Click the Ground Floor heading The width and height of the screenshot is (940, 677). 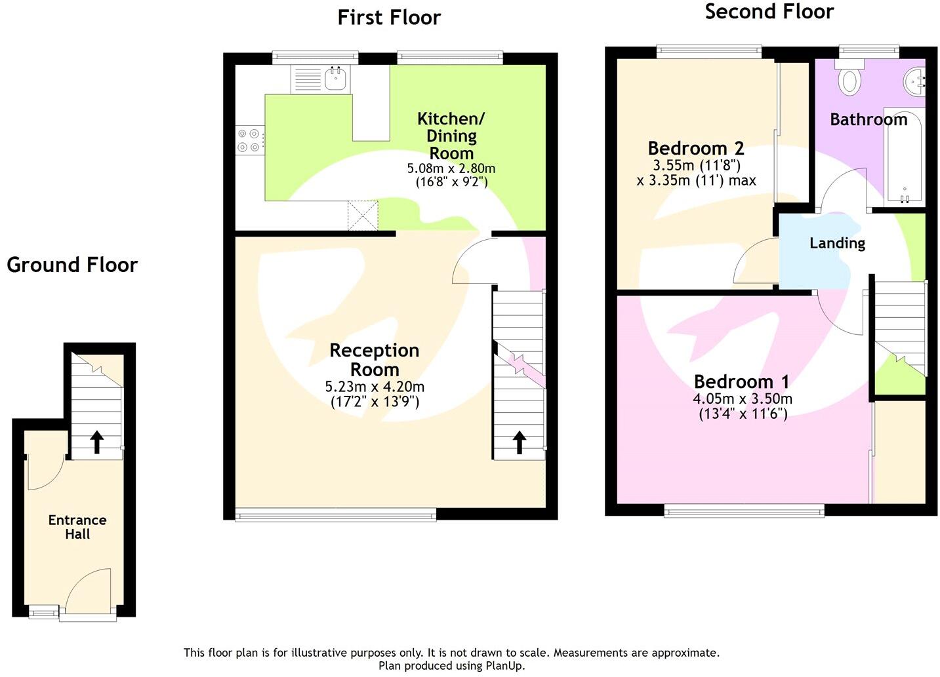(72, 265)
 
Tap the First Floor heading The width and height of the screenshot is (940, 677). (389, 18)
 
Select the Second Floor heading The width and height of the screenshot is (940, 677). (769, 12)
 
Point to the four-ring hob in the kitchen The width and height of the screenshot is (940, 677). (249, 140)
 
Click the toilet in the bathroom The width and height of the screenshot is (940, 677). (851, 79)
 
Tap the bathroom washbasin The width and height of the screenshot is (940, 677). (916, 81)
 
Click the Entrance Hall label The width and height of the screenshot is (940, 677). (77, 527)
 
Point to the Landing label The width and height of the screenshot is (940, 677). (837, 243)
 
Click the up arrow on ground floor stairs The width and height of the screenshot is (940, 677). (96, 442)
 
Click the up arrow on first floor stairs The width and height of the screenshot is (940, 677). (519, 442)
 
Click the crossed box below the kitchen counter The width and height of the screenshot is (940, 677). (363, 216)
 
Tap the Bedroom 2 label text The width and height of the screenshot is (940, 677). (695, 148)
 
